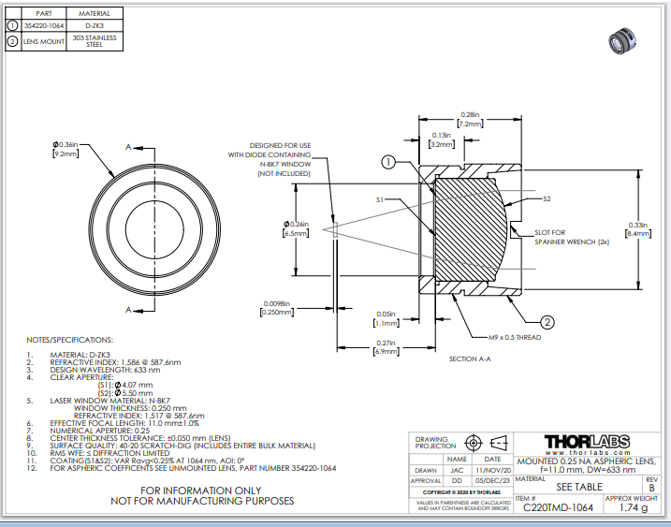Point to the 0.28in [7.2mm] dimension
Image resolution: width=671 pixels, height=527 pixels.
click(x=470, y=118)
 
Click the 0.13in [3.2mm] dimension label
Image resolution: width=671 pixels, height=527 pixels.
click(x=442, y=140)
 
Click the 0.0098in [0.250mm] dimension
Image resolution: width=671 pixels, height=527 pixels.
click(x=277, y=307)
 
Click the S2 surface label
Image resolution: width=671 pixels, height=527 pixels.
click(x=547, y=198)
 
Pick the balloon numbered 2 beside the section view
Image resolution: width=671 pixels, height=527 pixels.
click(x=548, y=321)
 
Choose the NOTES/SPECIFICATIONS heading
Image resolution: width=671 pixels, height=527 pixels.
click(x=70, y=339)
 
